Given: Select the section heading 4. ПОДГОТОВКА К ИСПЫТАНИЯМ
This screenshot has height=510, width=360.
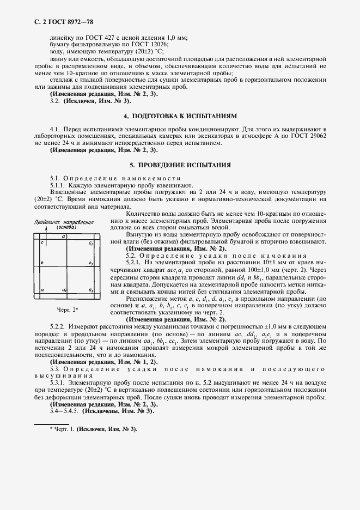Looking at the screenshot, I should (180, 116).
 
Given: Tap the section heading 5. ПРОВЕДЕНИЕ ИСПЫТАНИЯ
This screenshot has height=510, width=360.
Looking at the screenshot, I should (180, 165).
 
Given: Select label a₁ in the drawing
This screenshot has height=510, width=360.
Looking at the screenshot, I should (91, 290).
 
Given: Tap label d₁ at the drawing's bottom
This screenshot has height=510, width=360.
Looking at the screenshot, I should (65, 290).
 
